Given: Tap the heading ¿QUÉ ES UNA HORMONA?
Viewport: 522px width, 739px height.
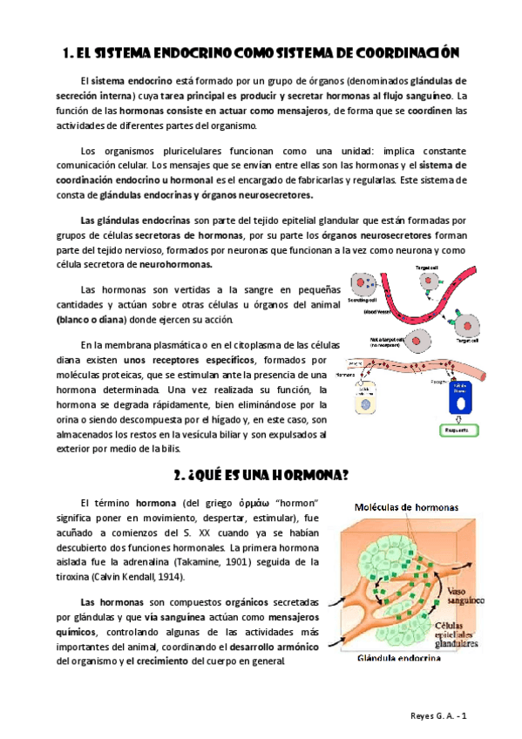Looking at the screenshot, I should pyautogui.click(x=261, y=474).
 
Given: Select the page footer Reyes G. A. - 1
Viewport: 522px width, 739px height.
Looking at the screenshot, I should pyautogui.click(x=442, y=715).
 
